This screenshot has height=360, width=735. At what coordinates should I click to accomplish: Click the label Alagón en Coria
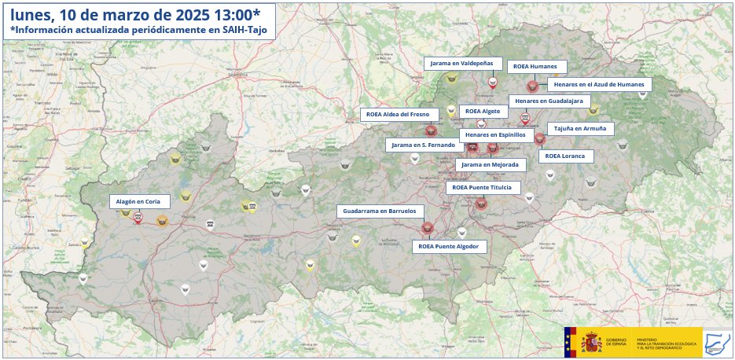click(138, 202)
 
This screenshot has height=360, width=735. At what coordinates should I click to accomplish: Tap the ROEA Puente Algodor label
click(448, 247)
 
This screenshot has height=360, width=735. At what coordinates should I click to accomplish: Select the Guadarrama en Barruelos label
click(381, 211)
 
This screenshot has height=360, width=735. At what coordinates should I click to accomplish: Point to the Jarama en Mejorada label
click(490, 165)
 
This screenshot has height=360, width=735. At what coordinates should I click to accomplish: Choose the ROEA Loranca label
click(565, 156)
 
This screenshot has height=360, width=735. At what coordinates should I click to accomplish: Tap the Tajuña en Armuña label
click(580, 128)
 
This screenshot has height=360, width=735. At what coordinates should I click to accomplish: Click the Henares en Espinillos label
click(495, 134)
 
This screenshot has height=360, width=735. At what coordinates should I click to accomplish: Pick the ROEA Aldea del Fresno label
click(400, 115)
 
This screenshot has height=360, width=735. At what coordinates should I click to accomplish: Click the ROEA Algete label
click(483, 111)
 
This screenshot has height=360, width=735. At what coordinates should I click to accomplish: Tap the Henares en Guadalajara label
click(549, 101)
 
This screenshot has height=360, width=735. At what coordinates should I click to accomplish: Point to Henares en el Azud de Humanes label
click(599, 84)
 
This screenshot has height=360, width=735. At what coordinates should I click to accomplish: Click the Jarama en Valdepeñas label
click(460, 63)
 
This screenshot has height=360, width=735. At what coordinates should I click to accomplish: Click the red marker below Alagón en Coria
click(138, 219)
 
